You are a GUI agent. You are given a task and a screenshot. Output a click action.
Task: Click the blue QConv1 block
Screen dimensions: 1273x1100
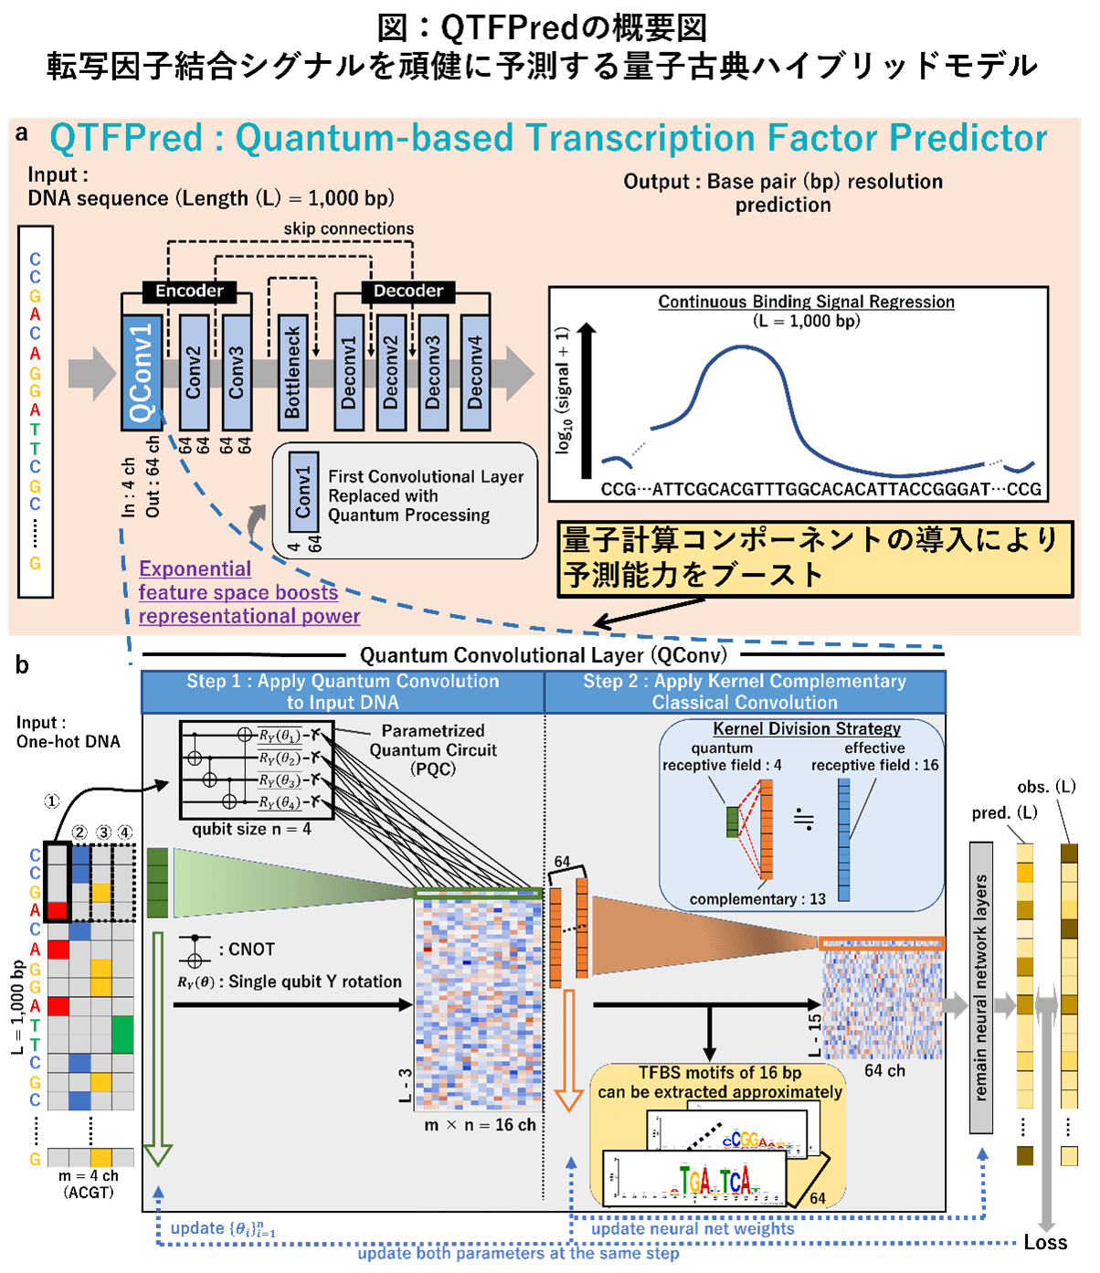[142, 372]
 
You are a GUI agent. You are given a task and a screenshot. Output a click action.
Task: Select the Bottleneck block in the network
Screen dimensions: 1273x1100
[291, 372]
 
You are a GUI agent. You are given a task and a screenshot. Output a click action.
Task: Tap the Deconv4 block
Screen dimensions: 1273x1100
[475, 372]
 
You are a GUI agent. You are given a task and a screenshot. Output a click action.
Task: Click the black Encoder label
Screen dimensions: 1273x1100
[189, 292]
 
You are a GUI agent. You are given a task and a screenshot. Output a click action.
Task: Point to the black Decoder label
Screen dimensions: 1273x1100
[407, 292]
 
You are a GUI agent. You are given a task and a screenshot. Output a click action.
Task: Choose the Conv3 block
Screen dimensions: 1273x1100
[237, 372]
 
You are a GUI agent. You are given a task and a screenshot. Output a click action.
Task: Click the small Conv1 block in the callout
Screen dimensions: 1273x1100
[303, 492]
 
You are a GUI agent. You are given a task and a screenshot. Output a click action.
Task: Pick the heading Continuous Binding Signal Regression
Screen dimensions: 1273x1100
[806, 302]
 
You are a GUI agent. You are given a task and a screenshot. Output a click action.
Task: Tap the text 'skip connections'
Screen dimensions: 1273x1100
[348, 228]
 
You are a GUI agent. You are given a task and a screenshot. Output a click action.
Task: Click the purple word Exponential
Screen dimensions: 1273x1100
[195, 568]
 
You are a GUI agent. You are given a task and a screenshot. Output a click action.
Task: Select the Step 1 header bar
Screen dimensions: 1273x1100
[343, 692]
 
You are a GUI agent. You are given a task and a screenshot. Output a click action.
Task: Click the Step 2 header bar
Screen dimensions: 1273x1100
[745, 692]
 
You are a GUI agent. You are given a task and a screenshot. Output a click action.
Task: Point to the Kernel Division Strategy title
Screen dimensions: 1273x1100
[807, 728]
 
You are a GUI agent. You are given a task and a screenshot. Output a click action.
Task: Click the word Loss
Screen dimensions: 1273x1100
[1045, 1242]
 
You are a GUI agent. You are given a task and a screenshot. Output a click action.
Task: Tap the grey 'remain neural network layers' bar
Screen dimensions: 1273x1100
[980, 987]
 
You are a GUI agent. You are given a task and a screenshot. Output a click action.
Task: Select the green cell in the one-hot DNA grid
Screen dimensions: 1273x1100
[122, 1034]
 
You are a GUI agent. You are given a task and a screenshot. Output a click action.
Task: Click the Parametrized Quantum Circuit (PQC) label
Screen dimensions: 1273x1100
[433, 749]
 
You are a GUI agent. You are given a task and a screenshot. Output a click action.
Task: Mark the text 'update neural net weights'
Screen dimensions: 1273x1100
[693, 1229]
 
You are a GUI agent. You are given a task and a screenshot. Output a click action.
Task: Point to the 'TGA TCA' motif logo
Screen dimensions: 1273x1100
[714, 1181]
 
